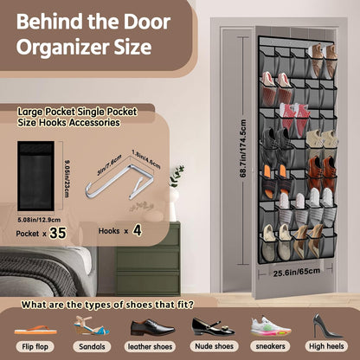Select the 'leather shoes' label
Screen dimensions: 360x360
click(x=150, y=345)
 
